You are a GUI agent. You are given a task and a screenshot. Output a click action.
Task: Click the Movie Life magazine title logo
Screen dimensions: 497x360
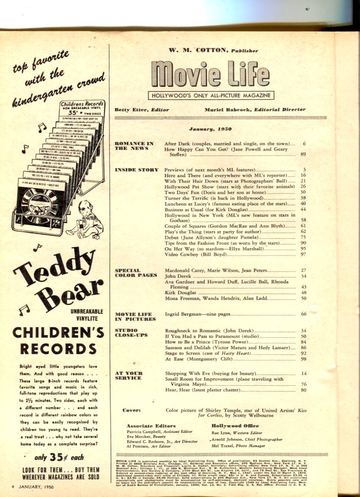coord(210,73)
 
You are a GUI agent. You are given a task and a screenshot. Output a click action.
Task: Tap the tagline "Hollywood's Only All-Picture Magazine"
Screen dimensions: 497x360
coord(211,96)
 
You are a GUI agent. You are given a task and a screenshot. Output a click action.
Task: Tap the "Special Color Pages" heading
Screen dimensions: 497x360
coord(136,272)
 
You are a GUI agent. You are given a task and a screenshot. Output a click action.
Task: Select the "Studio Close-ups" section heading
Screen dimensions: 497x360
coord(132,333)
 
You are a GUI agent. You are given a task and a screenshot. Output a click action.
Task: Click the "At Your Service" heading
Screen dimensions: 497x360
coord(129,376)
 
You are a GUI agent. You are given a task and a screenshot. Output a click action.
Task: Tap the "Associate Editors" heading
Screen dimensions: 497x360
coord(151,425)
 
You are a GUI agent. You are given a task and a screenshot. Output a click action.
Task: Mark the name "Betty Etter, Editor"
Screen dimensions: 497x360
coord(142,110)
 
